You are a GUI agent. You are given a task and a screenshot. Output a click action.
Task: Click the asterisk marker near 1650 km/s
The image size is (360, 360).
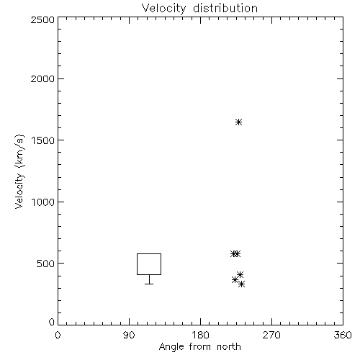coord(238,122)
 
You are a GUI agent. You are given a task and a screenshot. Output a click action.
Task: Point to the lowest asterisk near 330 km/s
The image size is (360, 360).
coord(241,284)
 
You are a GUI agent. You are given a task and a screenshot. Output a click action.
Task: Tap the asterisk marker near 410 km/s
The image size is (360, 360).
coord(240,274)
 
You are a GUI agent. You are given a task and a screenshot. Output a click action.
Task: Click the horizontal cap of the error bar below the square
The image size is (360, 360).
coord(149,284)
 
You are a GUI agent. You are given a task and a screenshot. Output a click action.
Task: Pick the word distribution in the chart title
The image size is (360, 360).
coord(225,9)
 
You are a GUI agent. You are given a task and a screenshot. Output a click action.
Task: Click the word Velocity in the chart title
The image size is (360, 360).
coord(163,9)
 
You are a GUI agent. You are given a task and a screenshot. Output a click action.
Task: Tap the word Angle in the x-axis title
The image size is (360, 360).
coord(171,347)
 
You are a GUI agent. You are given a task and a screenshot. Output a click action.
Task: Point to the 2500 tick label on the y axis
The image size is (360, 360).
coord(42,19)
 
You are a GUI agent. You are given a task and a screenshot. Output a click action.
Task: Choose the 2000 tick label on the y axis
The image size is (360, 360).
coord(42,78)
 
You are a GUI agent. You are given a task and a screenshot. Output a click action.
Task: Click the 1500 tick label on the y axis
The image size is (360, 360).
coord(43,140)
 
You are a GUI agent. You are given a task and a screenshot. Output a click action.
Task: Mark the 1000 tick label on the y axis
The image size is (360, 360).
coord(43,202)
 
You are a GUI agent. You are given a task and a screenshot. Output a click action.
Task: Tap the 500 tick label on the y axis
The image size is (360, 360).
coord(46,264)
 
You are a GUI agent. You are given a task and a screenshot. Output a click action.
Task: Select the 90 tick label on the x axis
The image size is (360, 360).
coord(129,335)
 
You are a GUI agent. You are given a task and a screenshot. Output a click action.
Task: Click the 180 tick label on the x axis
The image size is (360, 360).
coord(200,335)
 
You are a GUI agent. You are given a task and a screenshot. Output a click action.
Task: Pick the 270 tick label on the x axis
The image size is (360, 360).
coord(271,335)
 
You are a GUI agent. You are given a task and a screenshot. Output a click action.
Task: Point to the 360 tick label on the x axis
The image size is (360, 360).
coord(343,335)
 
